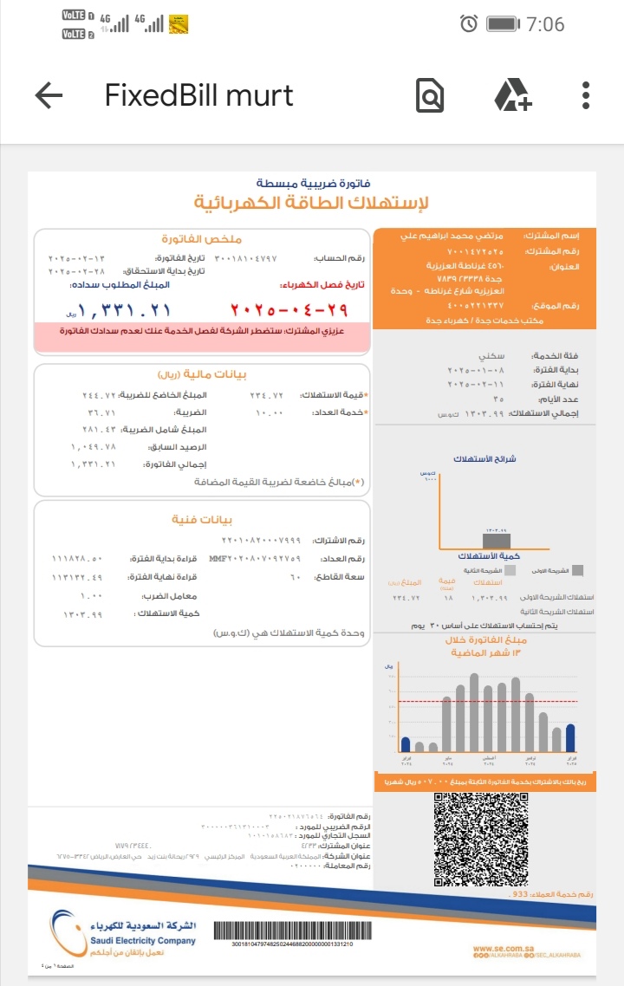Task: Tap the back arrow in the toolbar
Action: point(49,95)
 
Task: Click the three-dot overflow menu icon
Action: point(586,95)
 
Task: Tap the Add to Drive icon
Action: point(512,95)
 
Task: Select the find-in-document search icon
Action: point(430,96)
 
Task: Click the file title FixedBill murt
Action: point(199,95)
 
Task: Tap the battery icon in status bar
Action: point(504,23)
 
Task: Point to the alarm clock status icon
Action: point(469,23)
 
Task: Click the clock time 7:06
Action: point(544,24)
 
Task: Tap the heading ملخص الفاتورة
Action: point(202,238)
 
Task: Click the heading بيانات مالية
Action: point(202,374)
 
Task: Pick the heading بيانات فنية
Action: point(202,520)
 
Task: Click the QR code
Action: point(480,837)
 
